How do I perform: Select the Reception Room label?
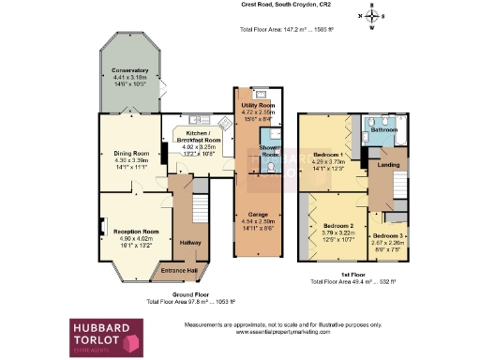[x=136, y=231]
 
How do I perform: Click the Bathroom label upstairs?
[x=382, y=130]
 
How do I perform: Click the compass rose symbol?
[x=372, y=16]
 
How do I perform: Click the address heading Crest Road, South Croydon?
[x=272, y=6]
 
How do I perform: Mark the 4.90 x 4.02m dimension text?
[x=136, y=238]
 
